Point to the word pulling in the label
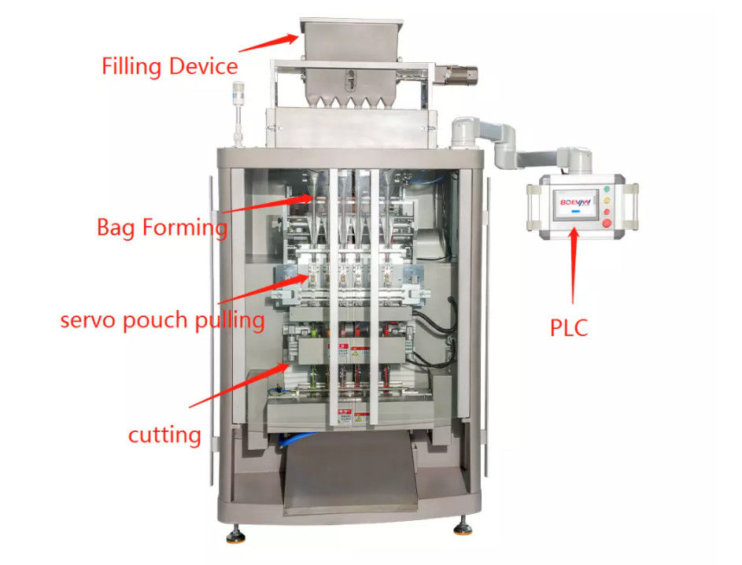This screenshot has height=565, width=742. click(227, 320)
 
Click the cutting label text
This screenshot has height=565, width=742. click(164, 434)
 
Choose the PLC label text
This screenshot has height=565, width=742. click(569, 327)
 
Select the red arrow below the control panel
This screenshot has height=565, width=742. click(574, 268)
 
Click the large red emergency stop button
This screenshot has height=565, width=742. click(607, 222)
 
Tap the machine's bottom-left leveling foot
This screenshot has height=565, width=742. click(234, 537)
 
